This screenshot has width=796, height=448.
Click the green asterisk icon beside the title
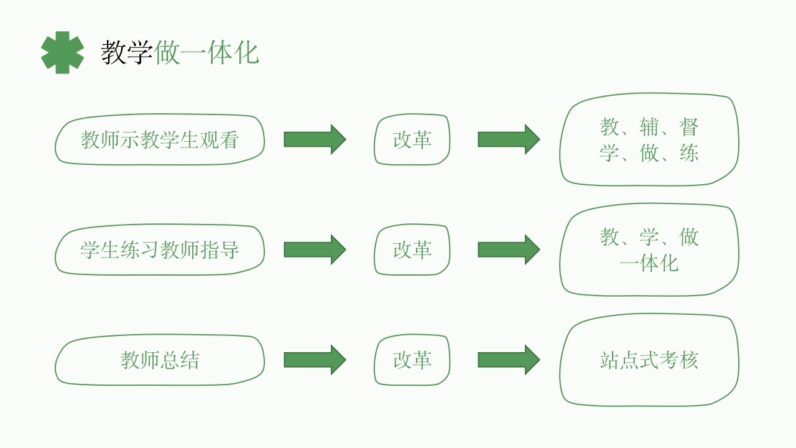[x=62, y=53]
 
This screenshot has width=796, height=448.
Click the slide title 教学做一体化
[x=180, y=53]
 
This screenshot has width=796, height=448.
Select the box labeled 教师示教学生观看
[x=159, y=140]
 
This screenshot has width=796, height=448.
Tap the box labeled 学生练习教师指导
[x=159, y=250]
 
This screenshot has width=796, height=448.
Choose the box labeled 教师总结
[x=159, y=360]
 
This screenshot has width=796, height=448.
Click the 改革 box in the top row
[x=412, y=140]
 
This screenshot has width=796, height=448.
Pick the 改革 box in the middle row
[x=412, y=250]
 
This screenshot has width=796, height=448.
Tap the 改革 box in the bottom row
[x=412, y=360]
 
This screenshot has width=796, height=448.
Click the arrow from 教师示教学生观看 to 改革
[x=315, y=139]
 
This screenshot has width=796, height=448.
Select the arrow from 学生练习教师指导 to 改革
[x=315, y=250]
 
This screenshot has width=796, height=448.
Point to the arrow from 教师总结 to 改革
[x=315, y=360]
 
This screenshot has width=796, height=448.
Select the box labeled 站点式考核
[x=649, y=360]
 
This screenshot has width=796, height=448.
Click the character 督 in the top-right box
[x=689, y=127]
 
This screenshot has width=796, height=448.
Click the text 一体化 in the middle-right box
[x=649, y=263]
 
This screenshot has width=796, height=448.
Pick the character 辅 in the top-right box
[x=649, y=127]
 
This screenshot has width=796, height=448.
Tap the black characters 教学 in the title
[x=127, y=53]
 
